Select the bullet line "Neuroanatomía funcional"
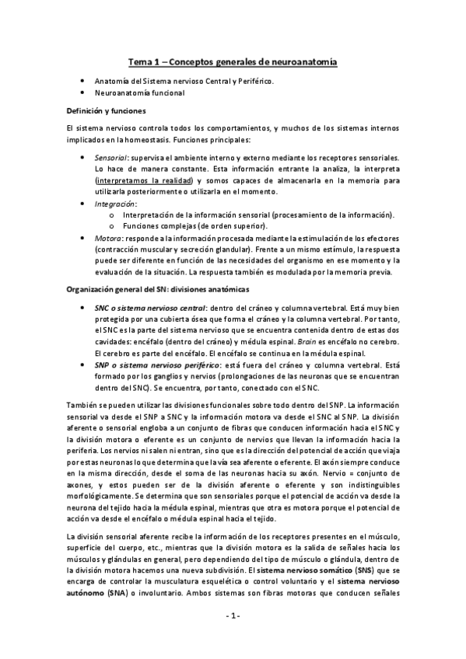(x=139, y=93)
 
